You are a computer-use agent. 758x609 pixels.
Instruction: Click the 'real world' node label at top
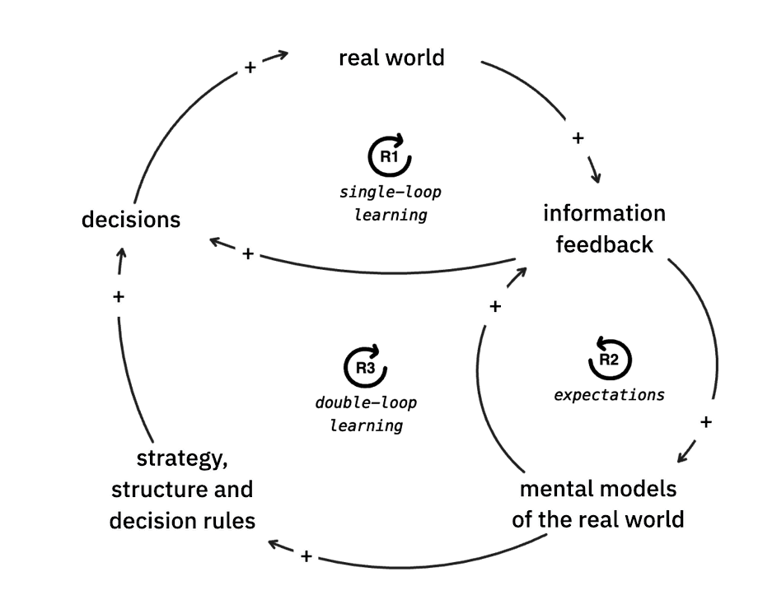(391, 58)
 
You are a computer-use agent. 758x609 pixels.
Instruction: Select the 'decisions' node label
(131, 221)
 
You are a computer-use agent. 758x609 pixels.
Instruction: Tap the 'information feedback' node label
(604, 229)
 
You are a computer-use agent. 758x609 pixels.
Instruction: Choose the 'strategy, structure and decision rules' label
(182, 490)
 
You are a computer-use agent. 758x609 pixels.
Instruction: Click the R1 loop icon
(387, 155)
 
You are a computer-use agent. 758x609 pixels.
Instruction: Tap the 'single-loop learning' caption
(391, 203)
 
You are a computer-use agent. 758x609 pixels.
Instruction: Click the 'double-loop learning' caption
(366, 414)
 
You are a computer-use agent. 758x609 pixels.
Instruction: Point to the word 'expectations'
(609, 395)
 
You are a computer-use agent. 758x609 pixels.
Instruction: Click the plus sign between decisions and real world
(250, 67)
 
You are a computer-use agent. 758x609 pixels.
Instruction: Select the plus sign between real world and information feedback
(578, 137)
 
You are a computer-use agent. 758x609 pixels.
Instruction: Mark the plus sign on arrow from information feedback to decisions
(247, 254)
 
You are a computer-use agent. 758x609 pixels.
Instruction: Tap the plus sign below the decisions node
(119, 296)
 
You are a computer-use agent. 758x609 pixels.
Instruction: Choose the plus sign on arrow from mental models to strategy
(306, 556)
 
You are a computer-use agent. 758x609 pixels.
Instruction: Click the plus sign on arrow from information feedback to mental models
(705, 422)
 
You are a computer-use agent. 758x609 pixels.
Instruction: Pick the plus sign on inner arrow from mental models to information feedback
(494, 306)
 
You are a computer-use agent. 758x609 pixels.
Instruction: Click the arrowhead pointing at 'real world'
(282, 55)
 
